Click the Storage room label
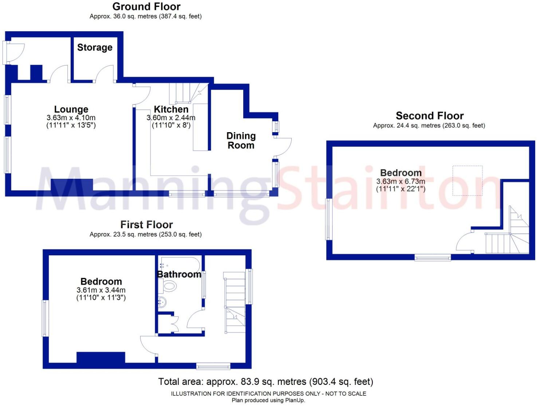tap(95, 48)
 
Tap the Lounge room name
tap(71, 109)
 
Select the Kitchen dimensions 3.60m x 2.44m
tap(171, 118)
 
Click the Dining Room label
tap(241, 141)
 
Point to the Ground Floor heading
tap(146, 7)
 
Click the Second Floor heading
tap(430, 116)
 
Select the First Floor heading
tap(146, 225)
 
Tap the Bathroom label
tap(179, 275)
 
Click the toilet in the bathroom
tap(169, 286)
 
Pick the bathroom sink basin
tap(162, 302)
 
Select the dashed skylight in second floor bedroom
tap(467, 181)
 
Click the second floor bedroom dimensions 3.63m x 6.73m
tap(400, 181)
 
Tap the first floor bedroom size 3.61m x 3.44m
tap(101, 290)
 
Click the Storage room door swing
tap(106, 73)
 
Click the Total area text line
tap(265, 382)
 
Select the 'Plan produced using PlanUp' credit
tap(268, 401)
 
